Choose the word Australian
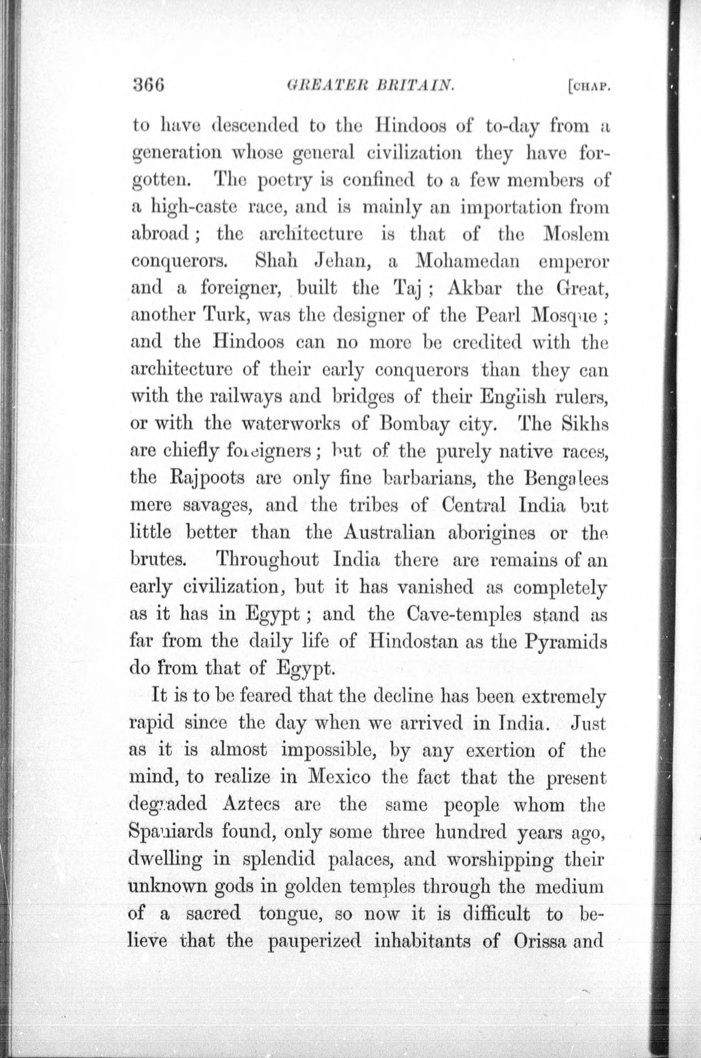tap(389, 532)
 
